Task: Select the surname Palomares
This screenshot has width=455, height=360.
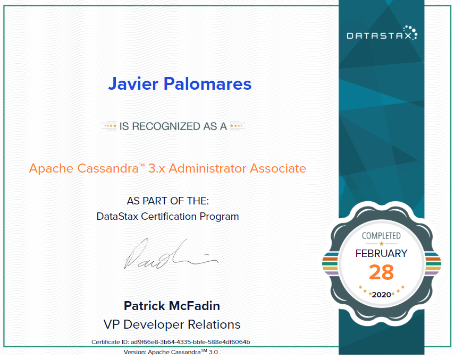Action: (213, 83)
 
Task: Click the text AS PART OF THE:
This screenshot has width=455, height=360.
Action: (168, 202)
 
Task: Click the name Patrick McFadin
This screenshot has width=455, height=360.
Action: (172, 306)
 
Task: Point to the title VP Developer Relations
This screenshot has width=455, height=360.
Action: (172, 324)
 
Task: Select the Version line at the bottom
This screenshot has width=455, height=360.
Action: (171, 352)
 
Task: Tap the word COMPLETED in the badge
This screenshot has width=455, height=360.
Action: (381, 235)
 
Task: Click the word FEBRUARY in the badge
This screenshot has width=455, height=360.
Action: (381, 253)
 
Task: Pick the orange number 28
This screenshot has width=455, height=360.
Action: (381, 272)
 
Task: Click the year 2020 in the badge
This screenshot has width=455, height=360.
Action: (381, 294)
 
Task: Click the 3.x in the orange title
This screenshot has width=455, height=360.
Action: (158, 169)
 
